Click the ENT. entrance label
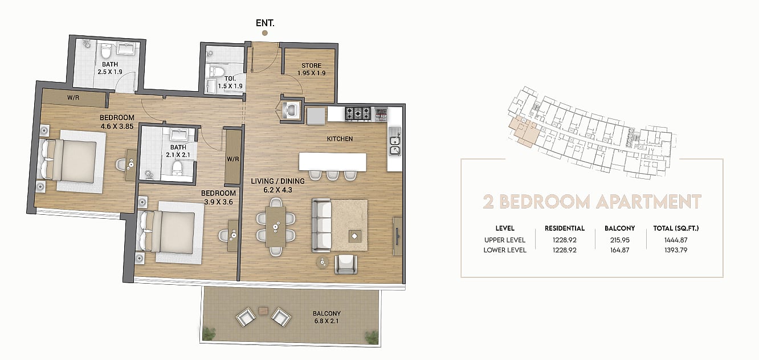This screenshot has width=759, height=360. coord(265,23)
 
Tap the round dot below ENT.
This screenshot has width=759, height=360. coord(265,33)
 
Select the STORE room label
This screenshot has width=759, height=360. coord(311,66)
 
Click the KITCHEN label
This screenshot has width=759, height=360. coord(340,139)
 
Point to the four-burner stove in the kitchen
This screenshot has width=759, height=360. coord(358,113)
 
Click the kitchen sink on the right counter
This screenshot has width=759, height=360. coord(395,141)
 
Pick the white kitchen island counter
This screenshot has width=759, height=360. coord(332,162)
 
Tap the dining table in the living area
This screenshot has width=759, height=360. coord(275,227)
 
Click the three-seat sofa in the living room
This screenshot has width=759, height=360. coord(321,225)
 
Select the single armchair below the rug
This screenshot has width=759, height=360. coord(346,264)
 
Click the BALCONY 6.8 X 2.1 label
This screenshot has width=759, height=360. coord(327,317)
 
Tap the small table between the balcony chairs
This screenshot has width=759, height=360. coord(263,310)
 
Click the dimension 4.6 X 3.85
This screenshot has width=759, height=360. coord(117,126)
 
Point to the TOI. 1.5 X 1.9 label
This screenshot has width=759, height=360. coord(230,83)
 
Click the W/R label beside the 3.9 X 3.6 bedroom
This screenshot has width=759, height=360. coord(233,159)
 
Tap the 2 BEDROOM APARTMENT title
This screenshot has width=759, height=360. coord(591,202)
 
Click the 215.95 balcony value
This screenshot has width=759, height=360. coord(620,240)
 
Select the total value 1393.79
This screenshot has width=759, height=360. coord(676,250)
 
